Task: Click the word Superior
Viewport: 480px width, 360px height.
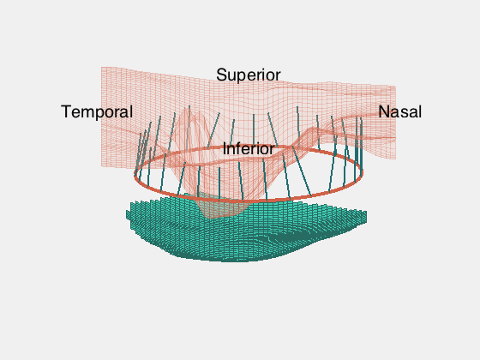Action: (249, 75)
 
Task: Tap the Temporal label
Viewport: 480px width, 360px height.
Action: (97, 111)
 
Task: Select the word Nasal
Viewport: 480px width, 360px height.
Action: (399, 111)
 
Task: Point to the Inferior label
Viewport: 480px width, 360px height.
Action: (249, 149)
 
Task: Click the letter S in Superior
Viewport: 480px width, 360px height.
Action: (221, 75)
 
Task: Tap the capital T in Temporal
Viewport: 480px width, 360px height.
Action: (67, 111)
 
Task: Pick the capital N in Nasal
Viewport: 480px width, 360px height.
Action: (384, 111)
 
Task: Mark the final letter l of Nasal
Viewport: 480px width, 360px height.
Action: (420, 111)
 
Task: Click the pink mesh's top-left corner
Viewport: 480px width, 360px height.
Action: (102, 67)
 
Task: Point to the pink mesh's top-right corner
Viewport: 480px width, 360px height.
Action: (395, 87)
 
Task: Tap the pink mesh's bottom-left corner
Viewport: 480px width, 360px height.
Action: (102, 166)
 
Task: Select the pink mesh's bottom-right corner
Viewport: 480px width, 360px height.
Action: (395, 159)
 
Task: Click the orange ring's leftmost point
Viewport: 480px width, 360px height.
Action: (135, 175)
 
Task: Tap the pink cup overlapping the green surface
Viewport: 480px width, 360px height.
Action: (221, 207)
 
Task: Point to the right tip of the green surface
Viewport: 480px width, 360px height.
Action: (367, 217)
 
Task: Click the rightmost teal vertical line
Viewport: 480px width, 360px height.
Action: (362, 144)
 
